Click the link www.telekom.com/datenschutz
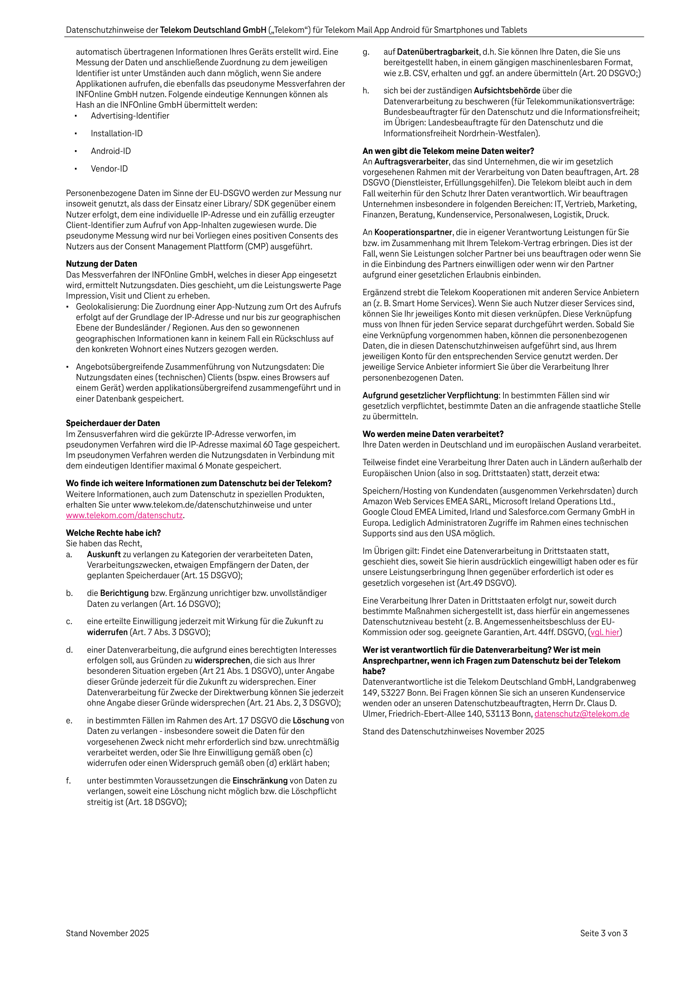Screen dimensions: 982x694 point(124,515)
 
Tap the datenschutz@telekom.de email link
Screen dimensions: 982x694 point(581,714)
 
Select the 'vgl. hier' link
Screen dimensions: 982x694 point(605,632)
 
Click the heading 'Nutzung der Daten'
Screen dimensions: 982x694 point(101,264)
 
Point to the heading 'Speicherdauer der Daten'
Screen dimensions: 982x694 point(113,423)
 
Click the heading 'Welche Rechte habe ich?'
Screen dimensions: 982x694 point(114,533)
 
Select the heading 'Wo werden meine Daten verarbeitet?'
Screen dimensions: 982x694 point(433,434)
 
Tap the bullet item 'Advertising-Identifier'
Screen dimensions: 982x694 point(130,116)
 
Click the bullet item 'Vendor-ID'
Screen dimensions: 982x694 point(109,169)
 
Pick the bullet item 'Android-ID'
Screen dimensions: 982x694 point(111,151)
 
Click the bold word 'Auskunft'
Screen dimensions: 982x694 point(104,554)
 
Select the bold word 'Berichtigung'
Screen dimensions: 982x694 point(124,593)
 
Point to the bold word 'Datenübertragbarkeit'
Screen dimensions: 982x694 point(438,52)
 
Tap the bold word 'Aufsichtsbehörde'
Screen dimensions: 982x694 point(507,91)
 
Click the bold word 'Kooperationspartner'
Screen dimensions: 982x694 point(413,232)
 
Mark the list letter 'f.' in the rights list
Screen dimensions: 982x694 point(69,781)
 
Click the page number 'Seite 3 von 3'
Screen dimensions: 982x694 point(603,933)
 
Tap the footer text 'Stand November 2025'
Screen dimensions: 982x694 point(107,933)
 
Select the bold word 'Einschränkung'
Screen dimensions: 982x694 point(260,781)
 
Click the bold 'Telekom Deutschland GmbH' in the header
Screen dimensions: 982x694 point(213,30)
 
